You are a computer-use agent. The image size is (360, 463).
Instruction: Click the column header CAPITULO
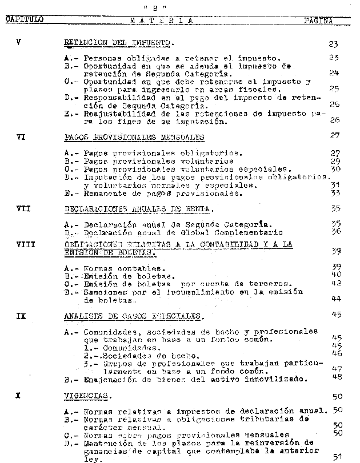[25, 19]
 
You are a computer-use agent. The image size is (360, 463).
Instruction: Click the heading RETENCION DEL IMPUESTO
[119, 43]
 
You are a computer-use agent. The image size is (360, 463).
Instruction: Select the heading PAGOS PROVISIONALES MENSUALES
[135, 138]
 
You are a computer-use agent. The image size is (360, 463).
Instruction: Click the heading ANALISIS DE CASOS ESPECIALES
[133, 316]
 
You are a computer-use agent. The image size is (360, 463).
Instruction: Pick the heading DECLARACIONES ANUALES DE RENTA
[139, 208]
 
